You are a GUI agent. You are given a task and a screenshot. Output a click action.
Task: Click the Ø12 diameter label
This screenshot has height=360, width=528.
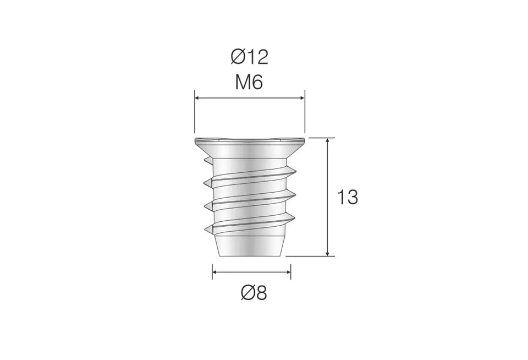(x=250, y=57)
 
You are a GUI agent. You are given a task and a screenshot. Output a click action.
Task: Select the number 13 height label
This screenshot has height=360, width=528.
(x=347, y=197)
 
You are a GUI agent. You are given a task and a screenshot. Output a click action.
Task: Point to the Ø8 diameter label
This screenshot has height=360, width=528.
(x=254, y=293)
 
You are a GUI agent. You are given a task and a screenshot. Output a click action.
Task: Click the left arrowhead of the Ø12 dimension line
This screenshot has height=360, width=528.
(x=197, y=98)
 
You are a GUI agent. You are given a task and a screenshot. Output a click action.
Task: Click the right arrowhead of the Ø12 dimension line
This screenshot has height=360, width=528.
(x=302, y=98)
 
